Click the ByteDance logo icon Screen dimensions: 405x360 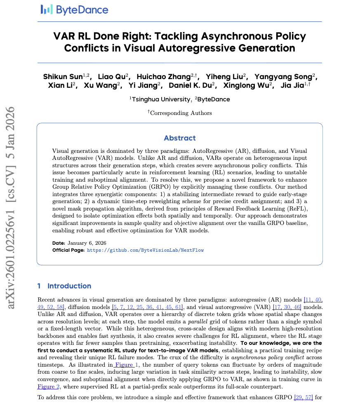(47, 10)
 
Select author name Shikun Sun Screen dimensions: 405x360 (63, 77)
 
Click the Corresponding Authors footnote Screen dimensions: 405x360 (181, 112)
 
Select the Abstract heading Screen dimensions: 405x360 (180, 138)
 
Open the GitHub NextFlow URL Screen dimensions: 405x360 (145, 250)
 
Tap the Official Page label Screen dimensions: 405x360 (68, 250)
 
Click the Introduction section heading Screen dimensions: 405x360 (69, 286)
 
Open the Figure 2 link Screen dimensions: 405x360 (48, 386)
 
